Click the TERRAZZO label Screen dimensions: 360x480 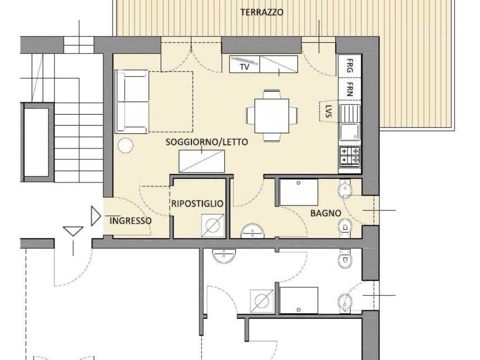[x=262, y=13]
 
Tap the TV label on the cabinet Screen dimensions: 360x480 [x=244, y=67]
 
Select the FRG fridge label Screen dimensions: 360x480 [x=350, y=66]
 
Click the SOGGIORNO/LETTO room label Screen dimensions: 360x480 [x=206, y=142]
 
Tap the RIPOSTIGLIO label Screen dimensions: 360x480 [x=197, y=204]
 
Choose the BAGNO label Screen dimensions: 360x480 [x=325, y=213]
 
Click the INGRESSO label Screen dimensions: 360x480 [x=130, y=220]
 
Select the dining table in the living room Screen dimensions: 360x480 [x=272, y=115]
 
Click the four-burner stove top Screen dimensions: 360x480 [x=350, y=156]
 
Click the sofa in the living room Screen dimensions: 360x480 [x=132, y=102]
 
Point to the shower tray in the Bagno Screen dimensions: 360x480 [x=299, y=192]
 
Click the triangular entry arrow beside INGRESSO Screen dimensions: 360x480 [x=96, y=217]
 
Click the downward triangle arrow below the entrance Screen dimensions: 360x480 [x=73, y=231]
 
